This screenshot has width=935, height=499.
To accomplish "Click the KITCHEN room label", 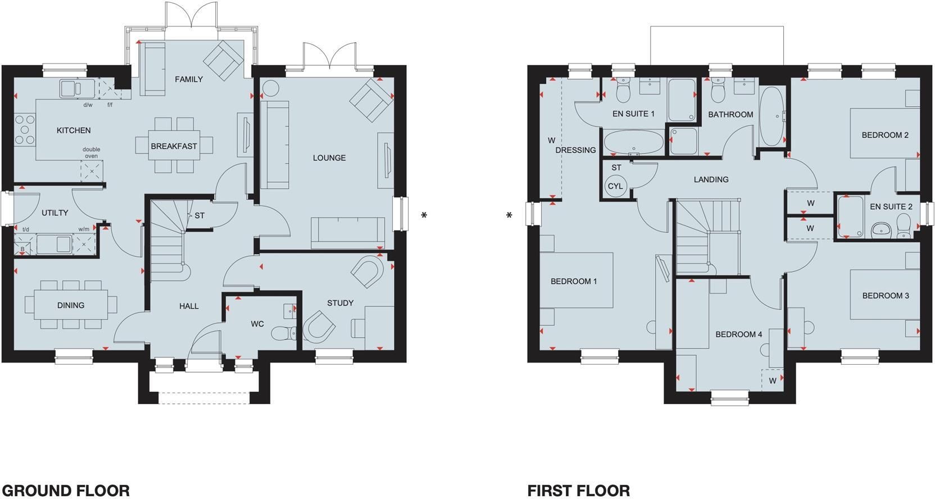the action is (x=74, y=130).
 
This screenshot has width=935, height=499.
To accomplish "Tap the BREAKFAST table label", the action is (x=174, y=146).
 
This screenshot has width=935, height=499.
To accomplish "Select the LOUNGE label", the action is (x=329, y=158).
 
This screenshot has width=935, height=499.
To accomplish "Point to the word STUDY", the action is (x=340, y=303).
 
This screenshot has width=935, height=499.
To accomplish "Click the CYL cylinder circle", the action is (x=615, y=186).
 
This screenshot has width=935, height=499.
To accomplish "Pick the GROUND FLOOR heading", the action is (x=66, y=490).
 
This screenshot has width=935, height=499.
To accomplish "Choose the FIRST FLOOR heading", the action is (x=579, y=490).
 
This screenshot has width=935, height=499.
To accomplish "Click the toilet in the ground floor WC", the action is (x=284, y=333).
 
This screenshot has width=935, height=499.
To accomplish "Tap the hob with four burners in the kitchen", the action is (x=24, y=130).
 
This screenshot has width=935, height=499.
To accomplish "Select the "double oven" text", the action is (x=92, y=152).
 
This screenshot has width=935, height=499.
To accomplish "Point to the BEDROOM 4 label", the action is (x=739, y=334).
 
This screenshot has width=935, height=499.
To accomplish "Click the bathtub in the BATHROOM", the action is (x=771, y=116).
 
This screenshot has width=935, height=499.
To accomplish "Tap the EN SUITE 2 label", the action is (x=891, y=207).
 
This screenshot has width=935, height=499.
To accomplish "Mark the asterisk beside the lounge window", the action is (x=424, y=215).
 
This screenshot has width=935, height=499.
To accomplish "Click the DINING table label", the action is (x=71, y=306).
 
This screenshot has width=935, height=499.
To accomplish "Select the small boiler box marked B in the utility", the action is (x=22, y=249).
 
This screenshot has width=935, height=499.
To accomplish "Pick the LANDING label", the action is (x=711, y=180).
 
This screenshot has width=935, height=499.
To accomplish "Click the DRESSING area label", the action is (x=575, y=151).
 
